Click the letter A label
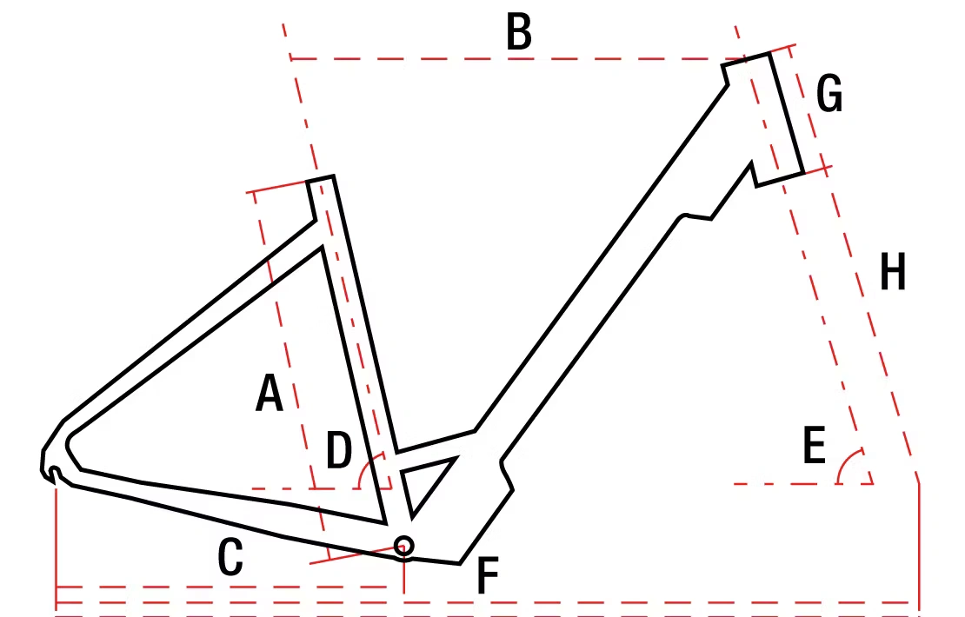269,393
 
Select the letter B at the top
519,32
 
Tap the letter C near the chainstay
230,557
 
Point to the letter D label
339,450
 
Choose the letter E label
815,445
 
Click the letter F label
488,576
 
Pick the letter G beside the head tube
829,94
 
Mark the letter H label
893,271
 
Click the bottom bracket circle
403,546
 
